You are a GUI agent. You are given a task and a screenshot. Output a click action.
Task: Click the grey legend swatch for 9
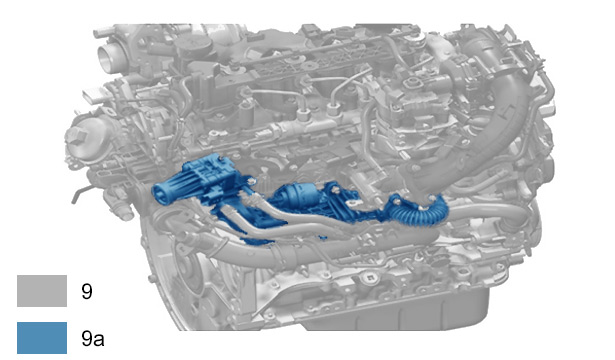tap(42, 291)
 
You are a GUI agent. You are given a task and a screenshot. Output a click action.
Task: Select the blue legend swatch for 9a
tap(42, 338)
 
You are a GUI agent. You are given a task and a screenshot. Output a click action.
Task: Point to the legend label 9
tap(87, 291)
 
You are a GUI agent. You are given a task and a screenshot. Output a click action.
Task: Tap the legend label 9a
tap(93, 338)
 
